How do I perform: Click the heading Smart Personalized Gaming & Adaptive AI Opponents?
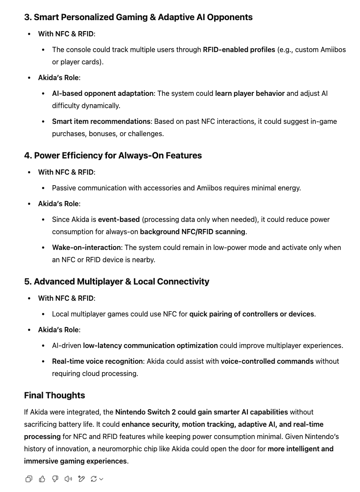(138, 18)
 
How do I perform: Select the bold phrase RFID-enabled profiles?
(239, 50)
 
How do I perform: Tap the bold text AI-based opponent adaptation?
(103, 94)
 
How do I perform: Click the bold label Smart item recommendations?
(101, 122)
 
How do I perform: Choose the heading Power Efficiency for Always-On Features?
(113, 156)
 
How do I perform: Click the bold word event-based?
(119, 220)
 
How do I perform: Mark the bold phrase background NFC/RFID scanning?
(193, 232)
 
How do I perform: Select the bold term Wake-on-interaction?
(86, 248)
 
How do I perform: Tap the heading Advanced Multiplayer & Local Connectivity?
(116, 282)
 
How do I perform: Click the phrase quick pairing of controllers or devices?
(251, 314)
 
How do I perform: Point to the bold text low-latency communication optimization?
(150, 346)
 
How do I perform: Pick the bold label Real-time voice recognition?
(97, 362)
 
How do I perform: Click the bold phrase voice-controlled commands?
(267, 362)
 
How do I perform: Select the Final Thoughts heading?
(54, 396)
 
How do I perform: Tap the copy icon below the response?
(29, 479)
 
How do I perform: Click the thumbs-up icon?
(42, 479)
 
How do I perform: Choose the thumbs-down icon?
(55, 479)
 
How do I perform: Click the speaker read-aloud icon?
(68, 479)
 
